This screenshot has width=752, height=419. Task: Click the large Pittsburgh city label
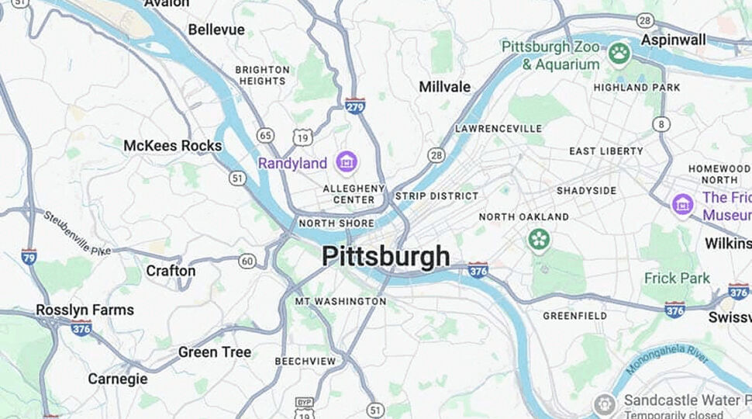pos(385,257)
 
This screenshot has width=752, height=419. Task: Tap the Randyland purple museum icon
pos(347,163)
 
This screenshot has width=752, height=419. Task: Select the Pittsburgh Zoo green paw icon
pos(619,54)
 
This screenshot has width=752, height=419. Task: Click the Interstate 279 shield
pos(354,106)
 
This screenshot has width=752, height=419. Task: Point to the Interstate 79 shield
pos(29,256)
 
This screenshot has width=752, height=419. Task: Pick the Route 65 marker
pos(266,136)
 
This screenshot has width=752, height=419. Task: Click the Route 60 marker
pos(247,261)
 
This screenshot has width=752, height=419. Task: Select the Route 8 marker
pos(661,123)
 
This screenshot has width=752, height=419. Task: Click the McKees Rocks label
pos(172,146)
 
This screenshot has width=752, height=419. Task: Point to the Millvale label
pos(445,87)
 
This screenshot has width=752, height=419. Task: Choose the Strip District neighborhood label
pos(436,196)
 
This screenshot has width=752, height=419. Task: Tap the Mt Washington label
pos(340,301)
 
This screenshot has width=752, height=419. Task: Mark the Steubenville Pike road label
pos(77,233)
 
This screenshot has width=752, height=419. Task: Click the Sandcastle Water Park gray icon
pos(605,403)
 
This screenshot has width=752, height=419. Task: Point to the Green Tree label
pos(215,352)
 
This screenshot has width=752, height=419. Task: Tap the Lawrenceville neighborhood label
pos(498,128)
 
